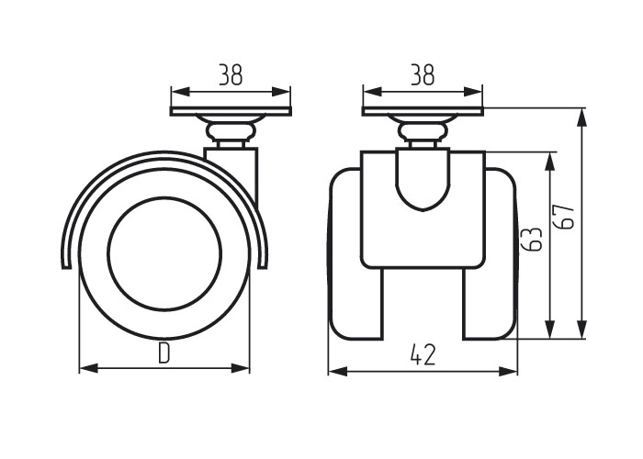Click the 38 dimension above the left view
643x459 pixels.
tap(231, 74)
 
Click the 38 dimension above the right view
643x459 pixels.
tap(423, 74)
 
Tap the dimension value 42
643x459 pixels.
tap(423, 354)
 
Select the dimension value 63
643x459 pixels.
tap(532, 238)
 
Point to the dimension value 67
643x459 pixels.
tap(564, 218)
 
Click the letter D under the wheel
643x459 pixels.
tap(164, 353)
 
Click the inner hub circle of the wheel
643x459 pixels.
tap(164, 254)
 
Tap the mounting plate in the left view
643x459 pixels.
tap(231, 111)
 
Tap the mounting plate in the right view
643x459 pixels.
tap(423, 111)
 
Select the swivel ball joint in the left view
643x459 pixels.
tap(231, 131)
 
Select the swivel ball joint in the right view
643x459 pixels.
tap(423, 131)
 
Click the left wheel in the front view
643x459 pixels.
tap(356, 253)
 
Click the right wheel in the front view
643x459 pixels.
tap(490, 253)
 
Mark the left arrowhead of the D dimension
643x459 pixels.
tap(88, 368)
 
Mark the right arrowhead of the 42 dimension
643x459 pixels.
tap(508, 372)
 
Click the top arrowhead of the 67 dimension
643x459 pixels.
tap(581, 118)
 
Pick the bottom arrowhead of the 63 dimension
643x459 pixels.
tap(550, 330)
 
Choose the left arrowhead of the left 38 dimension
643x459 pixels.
tap(180, 92)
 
